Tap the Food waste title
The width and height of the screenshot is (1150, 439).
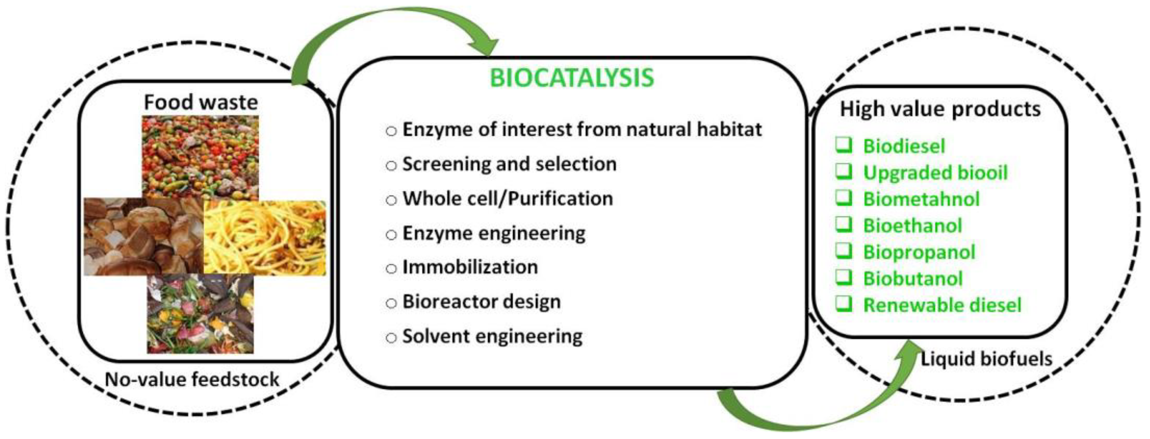point(201,102)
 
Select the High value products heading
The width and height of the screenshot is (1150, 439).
point(940,109)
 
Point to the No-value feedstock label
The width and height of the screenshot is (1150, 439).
point(192,380)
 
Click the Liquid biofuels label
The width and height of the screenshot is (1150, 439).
point(986,359)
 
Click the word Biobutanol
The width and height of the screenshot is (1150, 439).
point(913,279)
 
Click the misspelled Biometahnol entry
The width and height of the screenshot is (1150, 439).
point(921,199)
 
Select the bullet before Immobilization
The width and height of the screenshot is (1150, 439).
point(391,269)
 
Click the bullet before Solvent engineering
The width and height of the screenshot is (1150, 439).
point(391,337)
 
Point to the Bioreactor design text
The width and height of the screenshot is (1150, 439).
point(482,302)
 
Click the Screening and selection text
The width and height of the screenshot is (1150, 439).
point(509,164)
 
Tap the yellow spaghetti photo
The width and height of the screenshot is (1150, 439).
point(265,238)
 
